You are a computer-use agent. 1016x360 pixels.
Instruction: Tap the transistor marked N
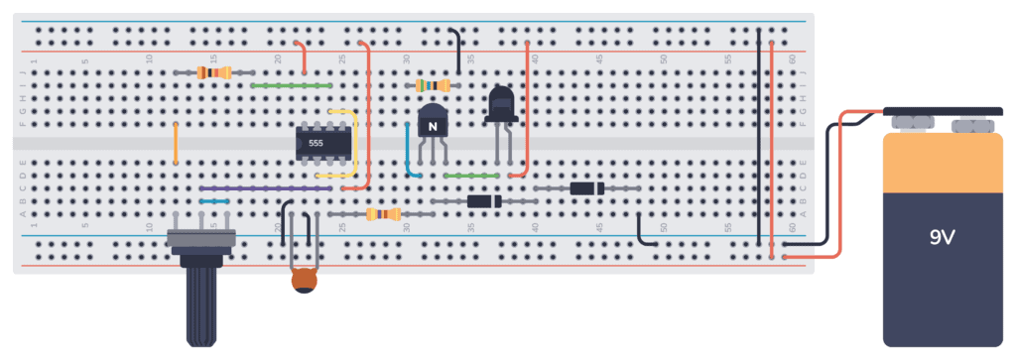pos(433,125)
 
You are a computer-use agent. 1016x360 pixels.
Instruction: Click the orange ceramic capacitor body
pos(305,281)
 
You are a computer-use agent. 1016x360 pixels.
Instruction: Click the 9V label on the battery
pos(944,238)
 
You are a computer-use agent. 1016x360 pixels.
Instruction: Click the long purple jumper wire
pos(265,187)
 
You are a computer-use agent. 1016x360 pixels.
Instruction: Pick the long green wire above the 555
pos(291,85)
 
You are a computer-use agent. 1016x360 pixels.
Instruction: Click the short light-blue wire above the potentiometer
pos(214,200)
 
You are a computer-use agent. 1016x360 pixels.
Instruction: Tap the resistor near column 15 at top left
pos(214,72)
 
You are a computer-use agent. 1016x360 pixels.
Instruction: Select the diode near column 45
pos(586,187)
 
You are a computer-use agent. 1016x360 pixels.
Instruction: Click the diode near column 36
pos(483,201)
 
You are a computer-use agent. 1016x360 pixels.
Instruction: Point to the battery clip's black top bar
pos(943,113)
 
